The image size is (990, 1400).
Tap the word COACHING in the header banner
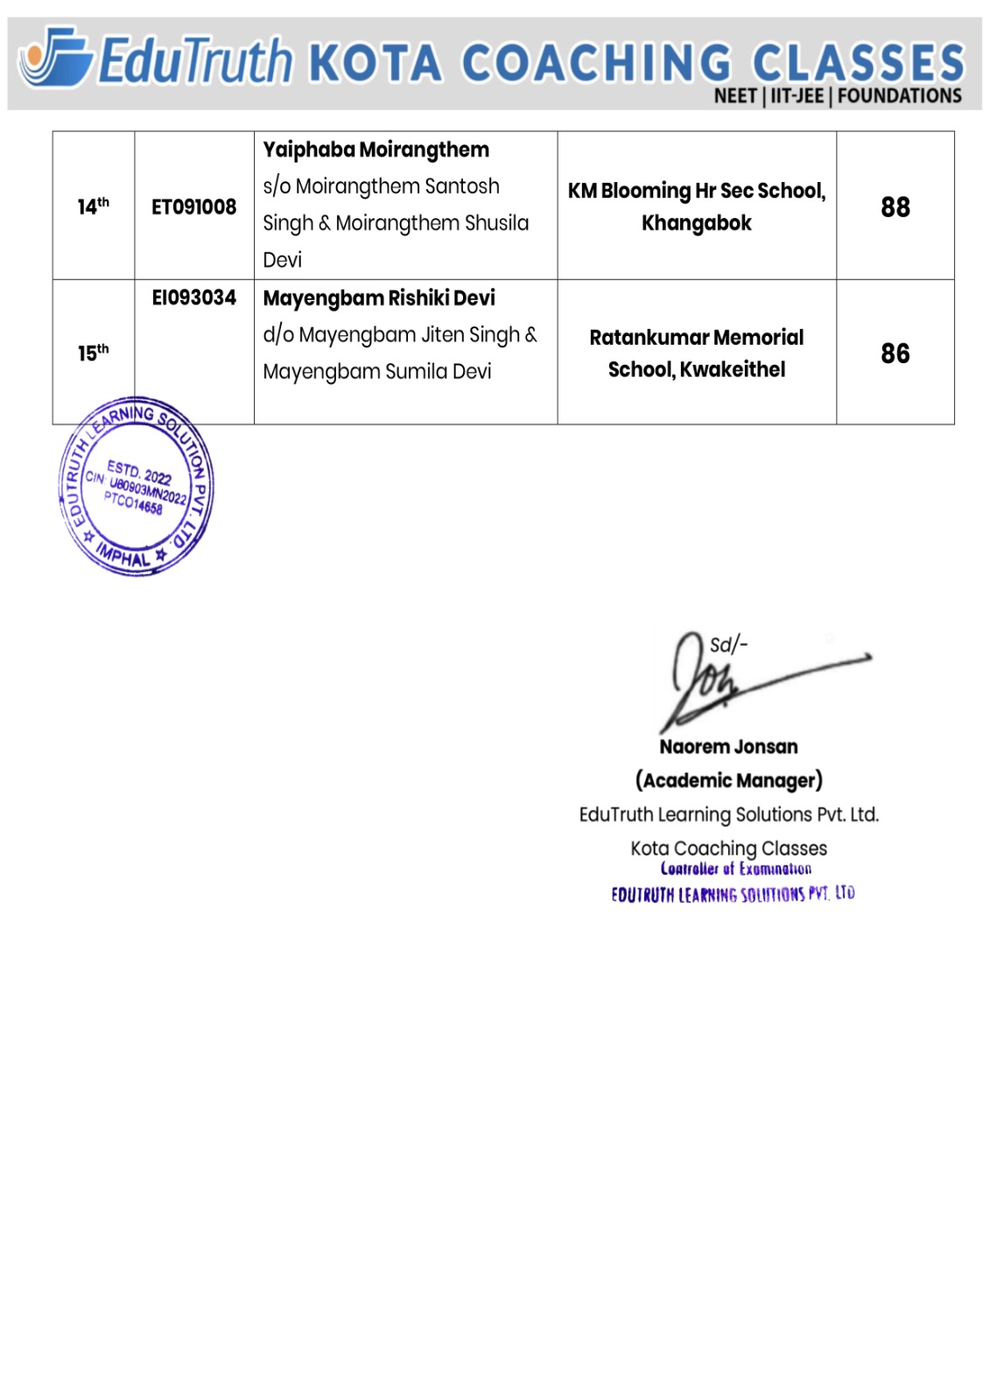(595, 64)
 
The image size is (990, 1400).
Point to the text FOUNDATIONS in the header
(899, 96)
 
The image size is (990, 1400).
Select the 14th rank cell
(93, 206)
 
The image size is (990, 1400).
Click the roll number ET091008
(193, 207)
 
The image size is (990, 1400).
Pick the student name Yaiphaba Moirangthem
(376, 150)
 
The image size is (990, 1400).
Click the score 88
(895, 207)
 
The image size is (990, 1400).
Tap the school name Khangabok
(696, 223)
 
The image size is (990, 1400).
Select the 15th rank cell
(93, 353)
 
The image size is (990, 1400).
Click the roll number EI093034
(193, 298)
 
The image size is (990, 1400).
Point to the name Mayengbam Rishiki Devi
(379, 298)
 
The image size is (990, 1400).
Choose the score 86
(895, 353)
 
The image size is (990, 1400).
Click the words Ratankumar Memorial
(696, 338)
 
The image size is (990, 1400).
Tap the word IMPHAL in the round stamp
(123, 555)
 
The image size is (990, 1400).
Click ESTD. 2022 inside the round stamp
(139, 472)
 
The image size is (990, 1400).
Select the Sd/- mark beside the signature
(728, 646)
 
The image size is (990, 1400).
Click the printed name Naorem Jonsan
(728, 747)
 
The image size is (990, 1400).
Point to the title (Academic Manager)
(728, 780)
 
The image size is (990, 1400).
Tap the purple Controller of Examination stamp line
(735, 869)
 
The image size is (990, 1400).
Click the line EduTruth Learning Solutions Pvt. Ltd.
(728, 815)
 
